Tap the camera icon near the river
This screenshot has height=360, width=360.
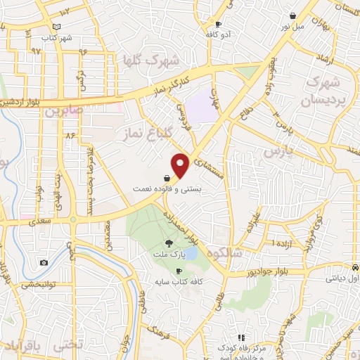click(x=44, y=262)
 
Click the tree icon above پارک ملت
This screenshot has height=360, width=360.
click(x=167, y=243)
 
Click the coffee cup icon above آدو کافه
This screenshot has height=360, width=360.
click(x=218, y=24)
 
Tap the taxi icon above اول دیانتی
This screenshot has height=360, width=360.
click(x=355, y=268)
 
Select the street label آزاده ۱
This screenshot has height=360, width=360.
click(x=266, y=243)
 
